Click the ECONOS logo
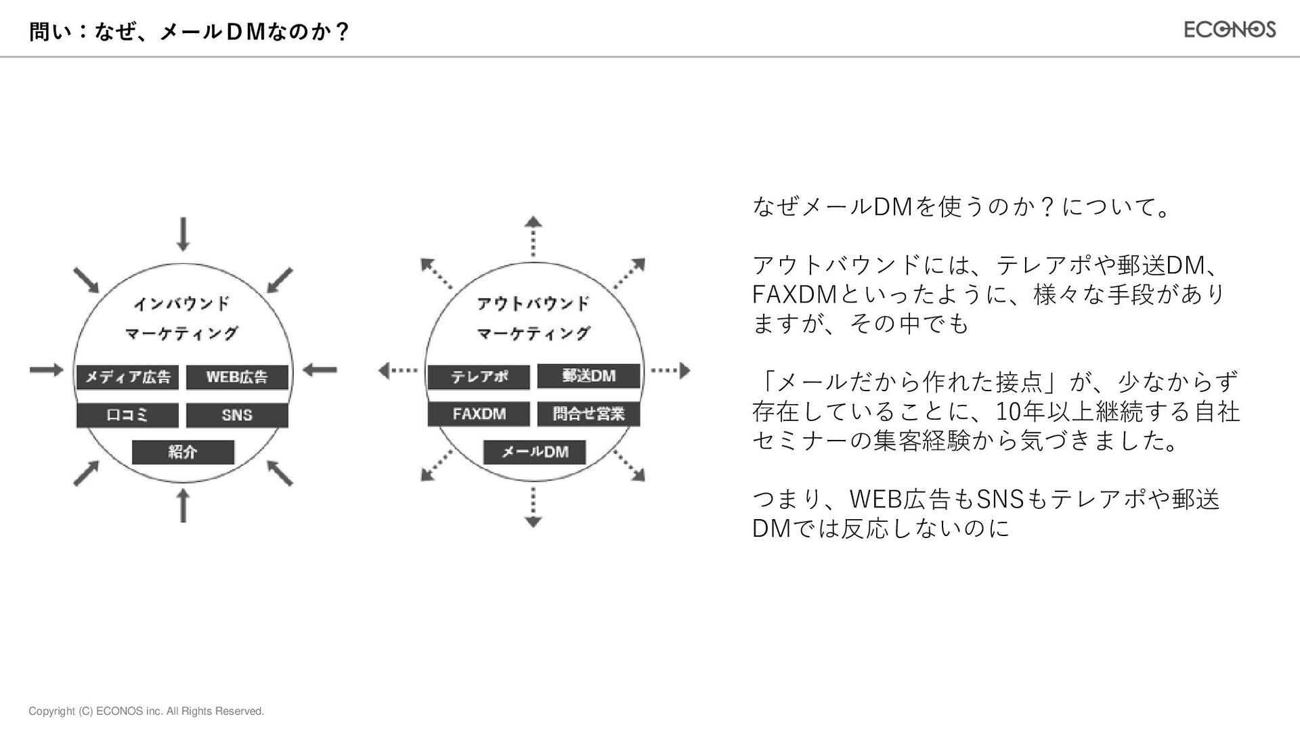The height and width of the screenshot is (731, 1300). (x=1230, y=29)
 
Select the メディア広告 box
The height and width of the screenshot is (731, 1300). (x=127, y=377)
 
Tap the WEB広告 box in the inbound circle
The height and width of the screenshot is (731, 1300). (x=237, y=377)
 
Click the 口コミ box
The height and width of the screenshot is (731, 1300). (x=127, y=415)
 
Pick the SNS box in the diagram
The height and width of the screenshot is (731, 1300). (x=237, y=415)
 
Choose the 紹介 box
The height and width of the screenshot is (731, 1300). (x=183, y=452)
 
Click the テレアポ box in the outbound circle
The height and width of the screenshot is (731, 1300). (x=479, y=377)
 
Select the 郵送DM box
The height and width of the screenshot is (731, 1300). (x=588, y=376)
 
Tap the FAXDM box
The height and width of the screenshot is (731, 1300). (x=479, y=414)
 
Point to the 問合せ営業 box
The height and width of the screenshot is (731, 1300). (x=588, y=414)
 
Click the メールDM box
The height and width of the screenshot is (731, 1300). (x=534, y=452)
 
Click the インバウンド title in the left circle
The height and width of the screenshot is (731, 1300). (x=181, y=303)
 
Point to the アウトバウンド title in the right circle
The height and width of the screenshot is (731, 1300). (x=534, y=303)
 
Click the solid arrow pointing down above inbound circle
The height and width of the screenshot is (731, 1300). (x=183, y=234)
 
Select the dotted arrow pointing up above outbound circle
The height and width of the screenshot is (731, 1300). (x=534, y=236)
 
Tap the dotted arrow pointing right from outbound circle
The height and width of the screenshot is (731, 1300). (x=670, y=370)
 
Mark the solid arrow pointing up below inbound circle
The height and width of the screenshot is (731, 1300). (x=183, y=506)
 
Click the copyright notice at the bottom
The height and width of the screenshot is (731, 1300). (x=146, y=711)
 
